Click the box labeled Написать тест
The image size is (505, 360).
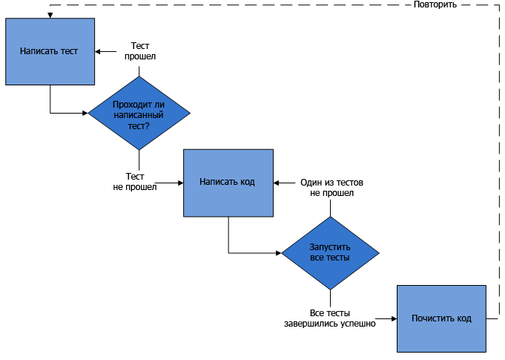50,51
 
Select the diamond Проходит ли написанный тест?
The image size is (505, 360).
139,113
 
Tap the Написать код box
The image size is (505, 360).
228,183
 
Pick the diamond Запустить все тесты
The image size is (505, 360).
330,253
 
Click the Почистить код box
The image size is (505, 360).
441,318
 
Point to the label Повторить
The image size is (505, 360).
435,4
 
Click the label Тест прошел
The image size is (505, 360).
140,51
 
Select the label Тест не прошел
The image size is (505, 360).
135,181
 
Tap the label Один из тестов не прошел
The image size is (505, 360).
331,188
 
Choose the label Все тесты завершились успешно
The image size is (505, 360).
330,318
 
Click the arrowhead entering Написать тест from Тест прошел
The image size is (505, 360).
98,51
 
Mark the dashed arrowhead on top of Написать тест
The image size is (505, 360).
50,16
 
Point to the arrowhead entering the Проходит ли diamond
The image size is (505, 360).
85,113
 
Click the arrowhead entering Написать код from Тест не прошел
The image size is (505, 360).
181,183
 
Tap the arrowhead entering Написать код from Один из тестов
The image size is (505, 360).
277,183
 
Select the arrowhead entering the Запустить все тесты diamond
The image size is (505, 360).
279,253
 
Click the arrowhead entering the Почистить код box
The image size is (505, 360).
395,318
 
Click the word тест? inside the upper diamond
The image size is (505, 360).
139,125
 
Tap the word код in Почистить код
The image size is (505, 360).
464,318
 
